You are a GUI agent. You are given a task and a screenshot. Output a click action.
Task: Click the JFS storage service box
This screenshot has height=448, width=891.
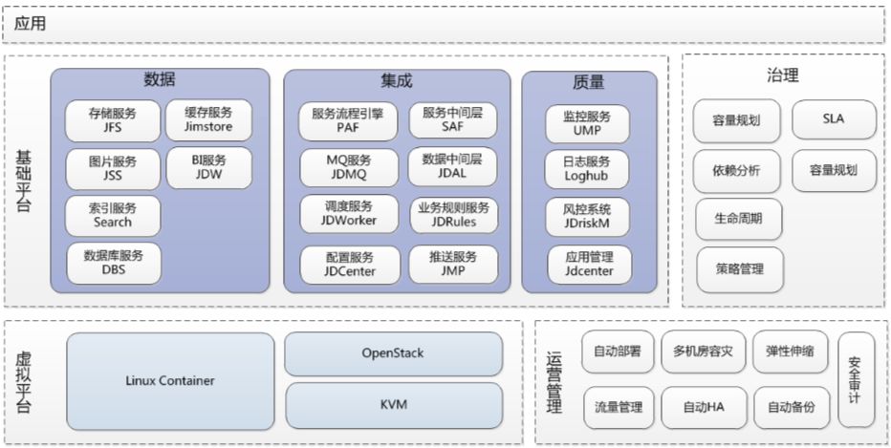point(113,120)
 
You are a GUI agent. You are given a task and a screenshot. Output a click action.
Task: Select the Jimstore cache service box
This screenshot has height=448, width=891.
point(208,120)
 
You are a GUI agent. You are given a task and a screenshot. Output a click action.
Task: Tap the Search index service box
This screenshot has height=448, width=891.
point(113,215)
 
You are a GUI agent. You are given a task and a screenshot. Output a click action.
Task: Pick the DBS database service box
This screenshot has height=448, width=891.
point(113,263)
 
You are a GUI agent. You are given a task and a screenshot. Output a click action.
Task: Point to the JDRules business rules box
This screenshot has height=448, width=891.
point(453,215)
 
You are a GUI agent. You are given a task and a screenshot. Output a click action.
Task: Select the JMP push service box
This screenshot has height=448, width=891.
point(453,264)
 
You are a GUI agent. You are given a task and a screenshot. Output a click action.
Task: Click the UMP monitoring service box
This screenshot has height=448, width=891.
point(588,123)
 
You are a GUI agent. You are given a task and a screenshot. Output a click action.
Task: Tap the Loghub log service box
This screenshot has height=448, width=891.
point(588,169)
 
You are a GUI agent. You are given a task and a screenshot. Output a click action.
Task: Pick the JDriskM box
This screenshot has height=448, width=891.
point(588,216)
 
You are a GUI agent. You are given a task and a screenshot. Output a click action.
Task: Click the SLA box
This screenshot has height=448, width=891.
point(833,120)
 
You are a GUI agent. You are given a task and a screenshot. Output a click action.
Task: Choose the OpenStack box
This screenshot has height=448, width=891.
point(393,353)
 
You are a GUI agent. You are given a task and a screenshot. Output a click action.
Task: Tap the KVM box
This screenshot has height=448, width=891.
point(393,405)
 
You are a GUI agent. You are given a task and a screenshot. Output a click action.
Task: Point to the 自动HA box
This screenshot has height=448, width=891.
point(702,407)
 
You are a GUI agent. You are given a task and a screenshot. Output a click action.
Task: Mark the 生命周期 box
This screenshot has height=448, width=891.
point(737,219)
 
